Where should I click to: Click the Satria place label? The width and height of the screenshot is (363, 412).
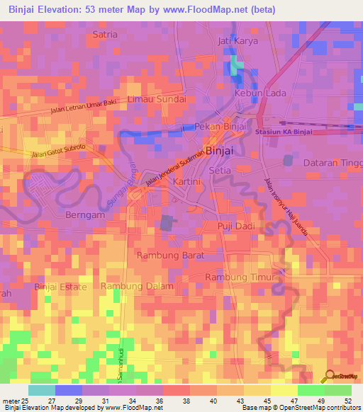106,33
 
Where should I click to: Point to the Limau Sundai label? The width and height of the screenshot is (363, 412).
157,99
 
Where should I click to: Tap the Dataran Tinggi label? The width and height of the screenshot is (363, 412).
332,163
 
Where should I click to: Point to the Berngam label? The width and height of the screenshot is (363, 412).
85,214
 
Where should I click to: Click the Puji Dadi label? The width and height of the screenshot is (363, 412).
235,225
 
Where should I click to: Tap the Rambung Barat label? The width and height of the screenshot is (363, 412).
170,255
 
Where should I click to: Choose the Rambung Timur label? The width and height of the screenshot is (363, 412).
239,277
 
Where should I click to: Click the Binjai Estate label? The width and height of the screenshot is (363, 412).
61,287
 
